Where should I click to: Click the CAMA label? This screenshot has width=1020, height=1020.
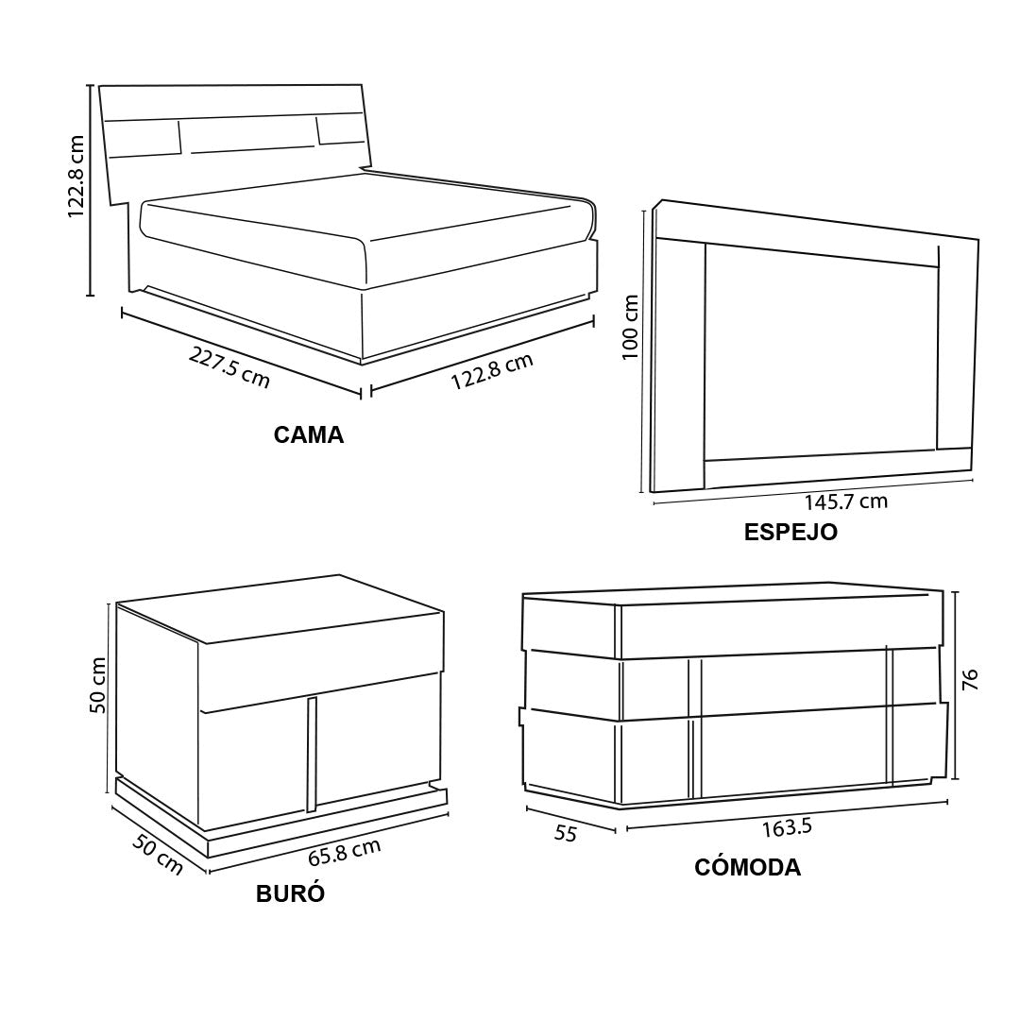[x=308, y=434]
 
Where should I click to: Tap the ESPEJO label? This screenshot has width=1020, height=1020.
[x=790, y=532]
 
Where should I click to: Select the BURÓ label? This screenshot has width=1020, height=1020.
[x=290, y=893]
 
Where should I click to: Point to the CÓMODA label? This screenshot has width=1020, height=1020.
[x=747, y=867]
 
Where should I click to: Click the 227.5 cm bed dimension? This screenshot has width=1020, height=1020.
[x=229, y=367]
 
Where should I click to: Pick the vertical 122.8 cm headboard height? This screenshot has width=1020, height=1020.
[x=76, y=177]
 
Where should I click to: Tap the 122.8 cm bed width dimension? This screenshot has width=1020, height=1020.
[x=492, y=371]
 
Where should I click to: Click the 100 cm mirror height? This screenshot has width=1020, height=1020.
[x=630, y=327]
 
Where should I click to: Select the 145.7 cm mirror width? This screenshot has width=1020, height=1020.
[x=845, y=501]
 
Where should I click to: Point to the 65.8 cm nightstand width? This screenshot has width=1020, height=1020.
[x=344, y=853]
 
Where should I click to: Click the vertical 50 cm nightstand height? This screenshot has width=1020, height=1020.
[x=97, y=685]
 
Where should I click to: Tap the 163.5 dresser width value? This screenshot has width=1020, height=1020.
[x=787, y=827]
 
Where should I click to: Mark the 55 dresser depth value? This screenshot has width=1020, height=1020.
[x=566, y=833]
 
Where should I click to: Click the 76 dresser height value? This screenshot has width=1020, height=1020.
[x=969, y=680]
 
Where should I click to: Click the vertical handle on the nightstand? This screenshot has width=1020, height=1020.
[x=312, y=755]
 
